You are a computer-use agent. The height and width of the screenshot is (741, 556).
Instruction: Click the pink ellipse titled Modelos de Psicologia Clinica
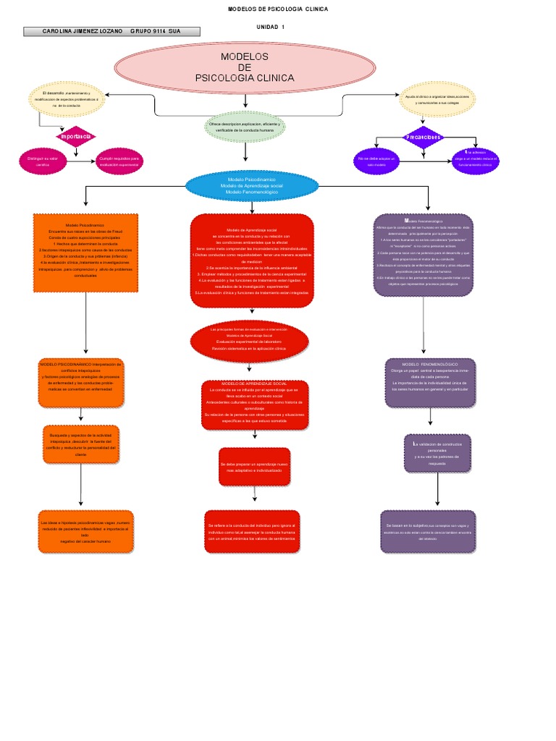point(245,67)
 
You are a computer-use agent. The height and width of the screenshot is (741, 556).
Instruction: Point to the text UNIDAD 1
point(271,27)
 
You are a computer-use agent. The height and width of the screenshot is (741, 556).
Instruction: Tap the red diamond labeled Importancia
point(76,136)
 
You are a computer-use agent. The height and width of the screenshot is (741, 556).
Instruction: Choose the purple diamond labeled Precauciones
point(423,137)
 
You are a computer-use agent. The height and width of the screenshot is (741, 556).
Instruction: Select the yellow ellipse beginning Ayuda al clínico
point(437,99)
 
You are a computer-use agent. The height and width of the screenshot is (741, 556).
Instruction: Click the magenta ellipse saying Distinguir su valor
point(43,161)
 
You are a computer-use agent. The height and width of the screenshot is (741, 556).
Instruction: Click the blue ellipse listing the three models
point(251,186)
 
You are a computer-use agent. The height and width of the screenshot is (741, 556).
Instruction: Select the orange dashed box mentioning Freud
point(85,252)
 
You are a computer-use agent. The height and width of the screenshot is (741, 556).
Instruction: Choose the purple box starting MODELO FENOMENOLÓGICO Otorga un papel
point(430,378)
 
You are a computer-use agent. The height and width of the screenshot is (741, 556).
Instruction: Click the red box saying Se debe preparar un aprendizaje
point(254,466)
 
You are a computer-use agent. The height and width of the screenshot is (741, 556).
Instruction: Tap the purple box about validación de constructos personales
point(437,453)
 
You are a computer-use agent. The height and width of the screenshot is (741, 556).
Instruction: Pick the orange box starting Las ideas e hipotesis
point(86,531)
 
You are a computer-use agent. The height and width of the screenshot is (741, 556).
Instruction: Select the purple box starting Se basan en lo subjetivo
point(427,532)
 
